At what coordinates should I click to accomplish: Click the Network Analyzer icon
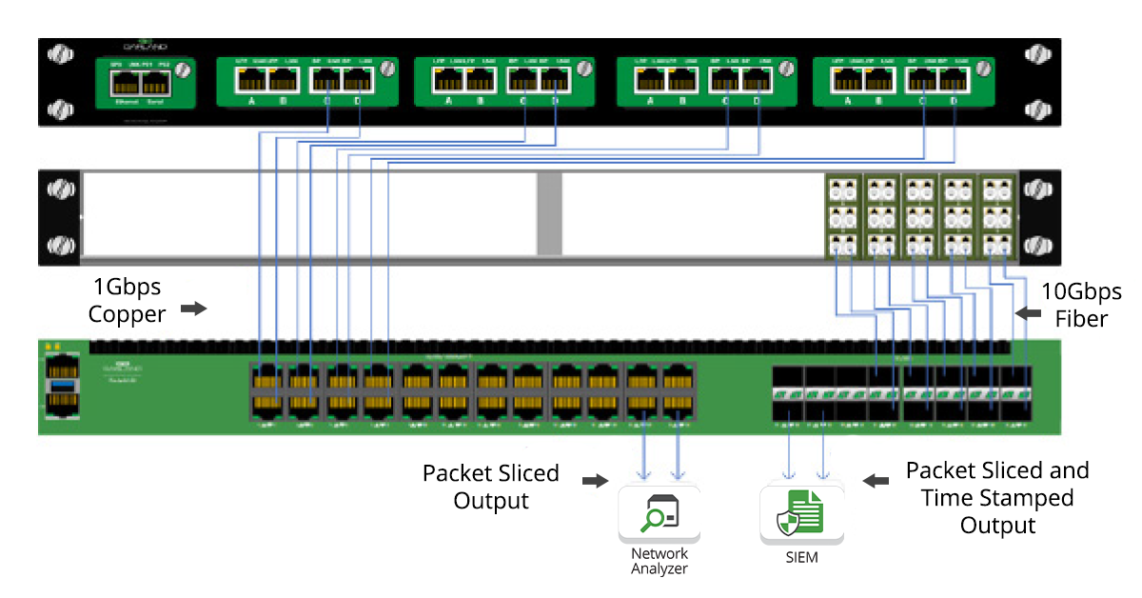coord(659,515)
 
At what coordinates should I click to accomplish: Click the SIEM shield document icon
coord(801,515)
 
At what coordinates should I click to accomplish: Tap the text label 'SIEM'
coord(802,558)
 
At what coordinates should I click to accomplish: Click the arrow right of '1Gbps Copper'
coord(193,309)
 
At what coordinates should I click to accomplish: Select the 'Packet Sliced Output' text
coord(491,487)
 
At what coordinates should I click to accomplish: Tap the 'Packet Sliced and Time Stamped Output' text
coord(997,497)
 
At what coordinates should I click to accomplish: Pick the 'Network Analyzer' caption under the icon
coord(659,561)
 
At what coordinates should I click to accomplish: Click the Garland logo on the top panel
coord(145,46)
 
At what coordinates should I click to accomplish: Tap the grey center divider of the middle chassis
coord(549,214)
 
